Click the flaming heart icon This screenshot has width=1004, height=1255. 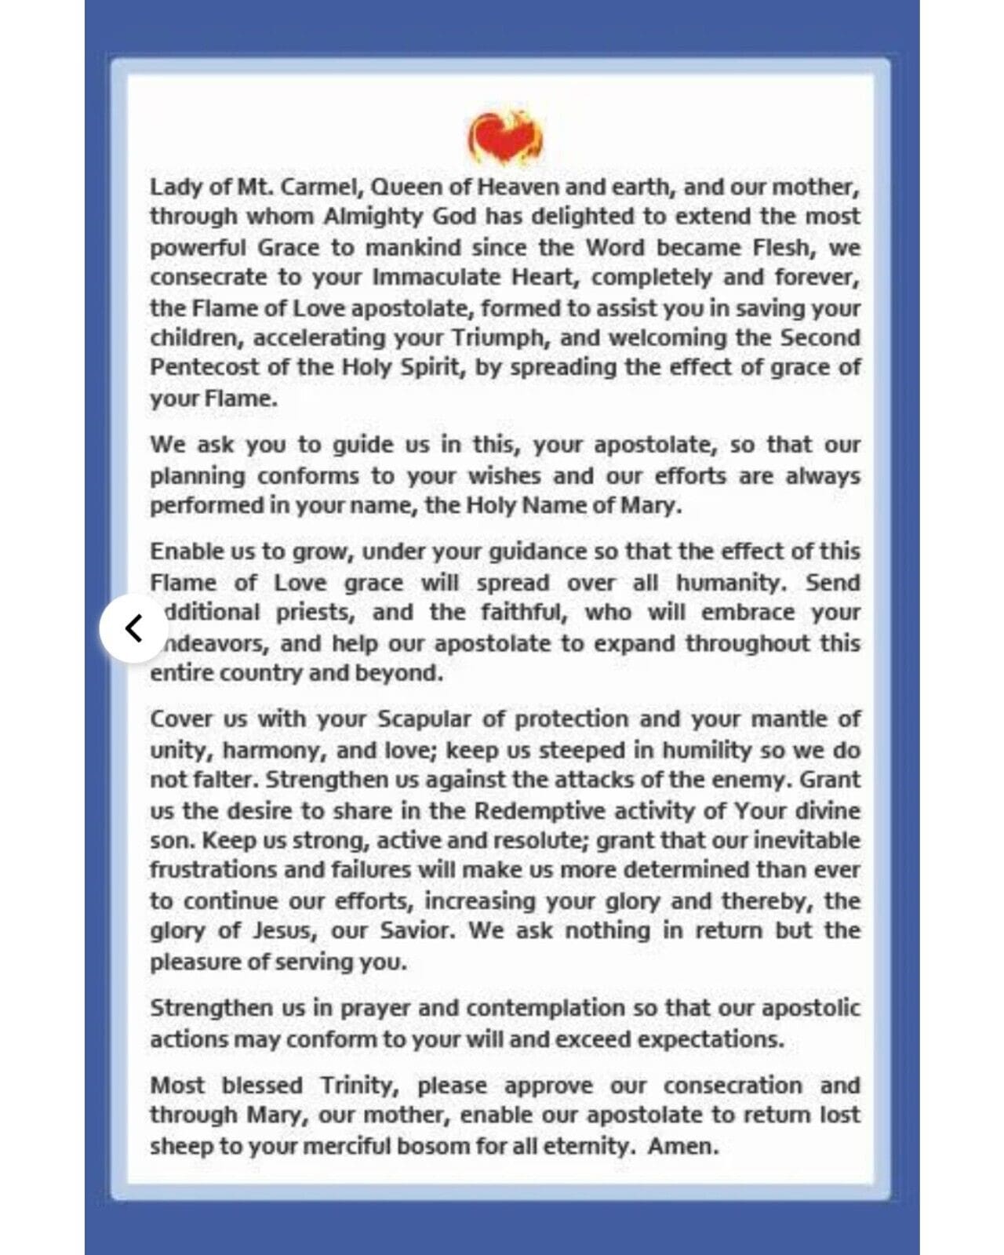coord(505,138)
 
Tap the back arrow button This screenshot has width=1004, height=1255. coord(134,628)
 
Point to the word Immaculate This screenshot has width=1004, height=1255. coord(436,278)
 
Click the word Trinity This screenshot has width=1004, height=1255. coord(360,1086)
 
